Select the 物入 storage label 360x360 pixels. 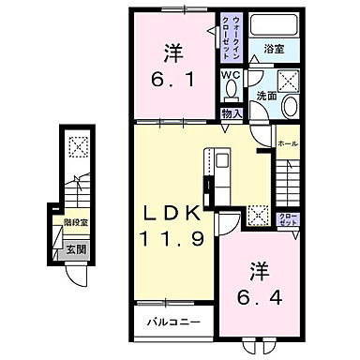coord(232,112)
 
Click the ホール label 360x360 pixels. coord(288,142)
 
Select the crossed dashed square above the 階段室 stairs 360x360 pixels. coord(77,145)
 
